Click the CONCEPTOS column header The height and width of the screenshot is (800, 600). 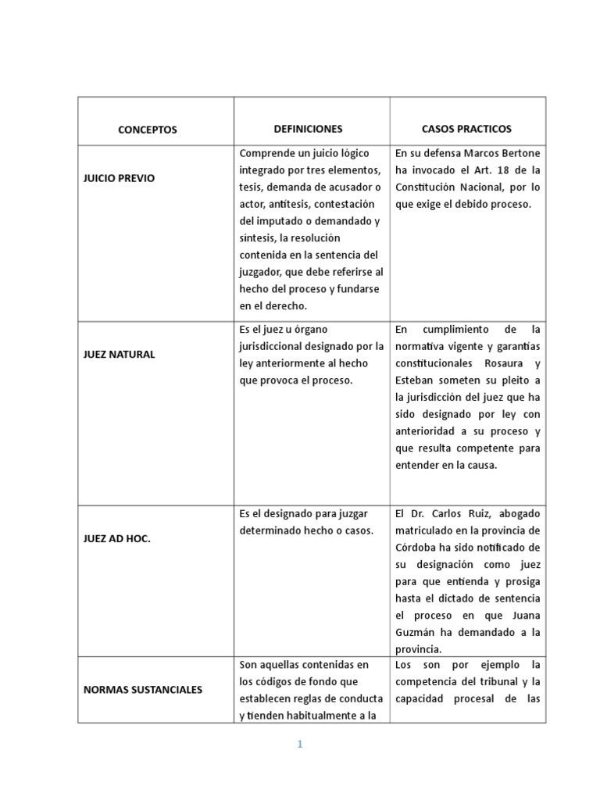tap(148, 130)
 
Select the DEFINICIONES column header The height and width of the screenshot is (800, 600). tap(308, 129)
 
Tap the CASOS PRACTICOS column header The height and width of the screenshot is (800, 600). tap(467, 129)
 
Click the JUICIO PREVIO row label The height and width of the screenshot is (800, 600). tap(119, 178)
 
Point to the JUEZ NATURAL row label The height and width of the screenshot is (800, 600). tap(119, 354)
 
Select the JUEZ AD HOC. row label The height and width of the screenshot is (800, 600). tap(116, 539)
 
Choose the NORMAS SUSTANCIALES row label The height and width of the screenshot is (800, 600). tap(142, 690)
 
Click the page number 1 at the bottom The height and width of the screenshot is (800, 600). tap(299, 745)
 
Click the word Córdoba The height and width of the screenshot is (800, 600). tap(420, 548)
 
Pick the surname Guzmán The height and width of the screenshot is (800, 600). tap(419, 632)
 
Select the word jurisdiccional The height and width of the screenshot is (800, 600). tap(277, 346)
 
